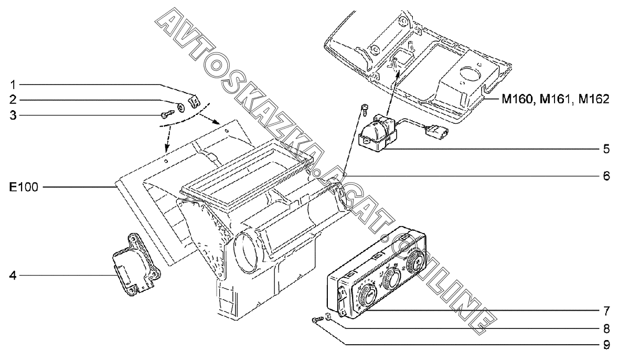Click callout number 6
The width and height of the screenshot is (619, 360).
pos(606,175)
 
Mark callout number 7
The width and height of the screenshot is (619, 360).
pos(606,310)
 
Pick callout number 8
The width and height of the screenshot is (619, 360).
pos(606,329)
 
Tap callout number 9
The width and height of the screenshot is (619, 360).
pos(606,345)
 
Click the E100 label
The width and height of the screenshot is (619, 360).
pos(24,186)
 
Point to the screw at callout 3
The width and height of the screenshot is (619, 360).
pos(167,114)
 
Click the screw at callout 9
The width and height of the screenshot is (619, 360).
pos(316,320)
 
